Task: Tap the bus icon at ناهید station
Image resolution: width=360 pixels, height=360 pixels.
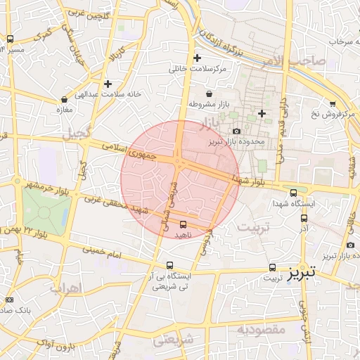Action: click(184, 224)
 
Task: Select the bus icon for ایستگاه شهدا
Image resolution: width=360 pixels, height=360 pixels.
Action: click(293, 192)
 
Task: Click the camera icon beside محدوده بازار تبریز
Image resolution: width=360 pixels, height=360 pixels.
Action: click(236, 131)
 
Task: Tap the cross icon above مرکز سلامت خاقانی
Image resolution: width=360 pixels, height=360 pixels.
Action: click(197, 58)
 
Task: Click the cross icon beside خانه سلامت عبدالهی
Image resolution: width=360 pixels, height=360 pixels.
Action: click(107, 83)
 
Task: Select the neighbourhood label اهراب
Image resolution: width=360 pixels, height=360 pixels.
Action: click(67, 288)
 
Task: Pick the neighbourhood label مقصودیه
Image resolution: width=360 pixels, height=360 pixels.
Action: click(259, 328)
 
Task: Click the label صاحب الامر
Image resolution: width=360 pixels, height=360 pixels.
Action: click(295, 61)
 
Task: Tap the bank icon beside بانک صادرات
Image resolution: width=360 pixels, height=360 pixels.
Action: click(9, 300)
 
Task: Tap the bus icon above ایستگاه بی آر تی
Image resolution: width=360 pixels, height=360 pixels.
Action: click(169, 266)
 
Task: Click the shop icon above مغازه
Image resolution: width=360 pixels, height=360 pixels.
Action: click(65, 99)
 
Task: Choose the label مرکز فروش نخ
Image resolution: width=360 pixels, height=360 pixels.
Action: click(335, 113)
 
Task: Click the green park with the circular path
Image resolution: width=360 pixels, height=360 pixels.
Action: click(46, 211)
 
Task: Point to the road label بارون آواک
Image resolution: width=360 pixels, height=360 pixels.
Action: click(56, 344)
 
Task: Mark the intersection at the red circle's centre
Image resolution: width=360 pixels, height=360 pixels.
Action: click(180, 163)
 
